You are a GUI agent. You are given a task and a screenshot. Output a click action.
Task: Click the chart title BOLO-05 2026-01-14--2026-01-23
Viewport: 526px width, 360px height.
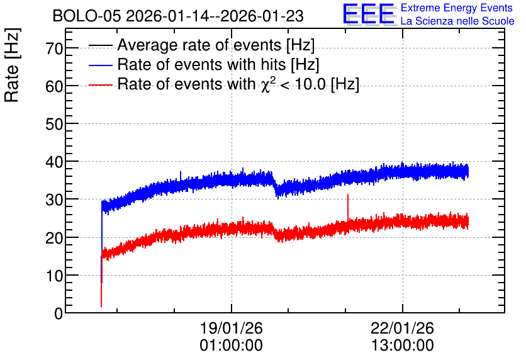(178, 16)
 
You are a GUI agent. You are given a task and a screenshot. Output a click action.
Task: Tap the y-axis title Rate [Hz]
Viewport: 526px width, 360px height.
(12, 65)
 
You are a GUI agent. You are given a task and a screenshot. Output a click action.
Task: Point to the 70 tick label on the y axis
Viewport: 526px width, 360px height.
(54, 48)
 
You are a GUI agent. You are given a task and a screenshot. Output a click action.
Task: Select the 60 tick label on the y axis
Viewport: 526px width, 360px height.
(54, 87)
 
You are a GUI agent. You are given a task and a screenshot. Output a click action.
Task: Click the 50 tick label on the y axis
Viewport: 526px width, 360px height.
(54, 125)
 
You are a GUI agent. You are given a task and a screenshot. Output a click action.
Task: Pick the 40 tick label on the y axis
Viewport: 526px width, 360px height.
(54, 162)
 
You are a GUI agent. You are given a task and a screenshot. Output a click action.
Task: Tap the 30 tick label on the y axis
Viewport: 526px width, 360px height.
(54, 200)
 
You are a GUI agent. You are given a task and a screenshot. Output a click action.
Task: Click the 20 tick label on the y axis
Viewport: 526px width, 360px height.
(54, 238)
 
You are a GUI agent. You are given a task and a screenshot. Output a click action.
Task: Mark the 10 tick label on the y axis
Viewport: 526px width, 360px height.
(54, 276)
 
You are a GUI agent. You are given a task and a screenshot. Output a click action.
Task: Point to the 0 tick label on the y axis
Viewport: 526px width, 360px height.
(59, 313)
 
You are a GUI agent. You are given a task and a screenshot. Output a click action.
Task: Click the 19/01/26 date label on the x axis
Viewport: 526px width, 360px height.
(231, 328)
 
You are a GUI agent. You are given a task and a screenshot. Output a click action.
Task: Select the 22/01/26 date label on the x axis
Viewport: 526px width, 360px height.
(402, 328)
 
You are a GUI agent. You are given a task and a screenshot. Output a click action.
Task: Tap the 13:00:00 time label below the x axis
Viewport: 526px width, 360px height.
(402, 346)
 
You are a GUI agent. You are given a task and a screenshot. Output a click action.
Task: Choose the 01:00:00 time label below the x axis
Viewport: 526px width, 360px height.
(231, 346)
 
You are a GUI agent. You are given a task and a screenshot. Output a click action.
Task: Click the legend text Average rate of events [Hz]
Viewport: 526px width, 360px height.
(216, 45)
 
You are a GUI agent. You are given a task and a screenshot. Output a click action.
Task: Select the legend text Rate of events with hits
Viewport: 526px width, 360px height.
(201, 64)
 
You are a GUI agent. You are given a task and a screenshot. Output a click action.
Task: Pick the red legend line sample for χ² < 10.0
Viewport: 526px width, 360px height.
(101, 85)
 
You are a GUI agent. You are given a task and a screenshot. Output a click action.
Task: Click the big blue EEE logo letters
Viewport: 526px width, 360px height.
(368, 14)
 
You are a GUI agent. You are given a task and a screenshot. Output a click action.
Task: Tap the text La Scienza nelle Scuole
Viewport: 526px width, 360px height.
(457, 21)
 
